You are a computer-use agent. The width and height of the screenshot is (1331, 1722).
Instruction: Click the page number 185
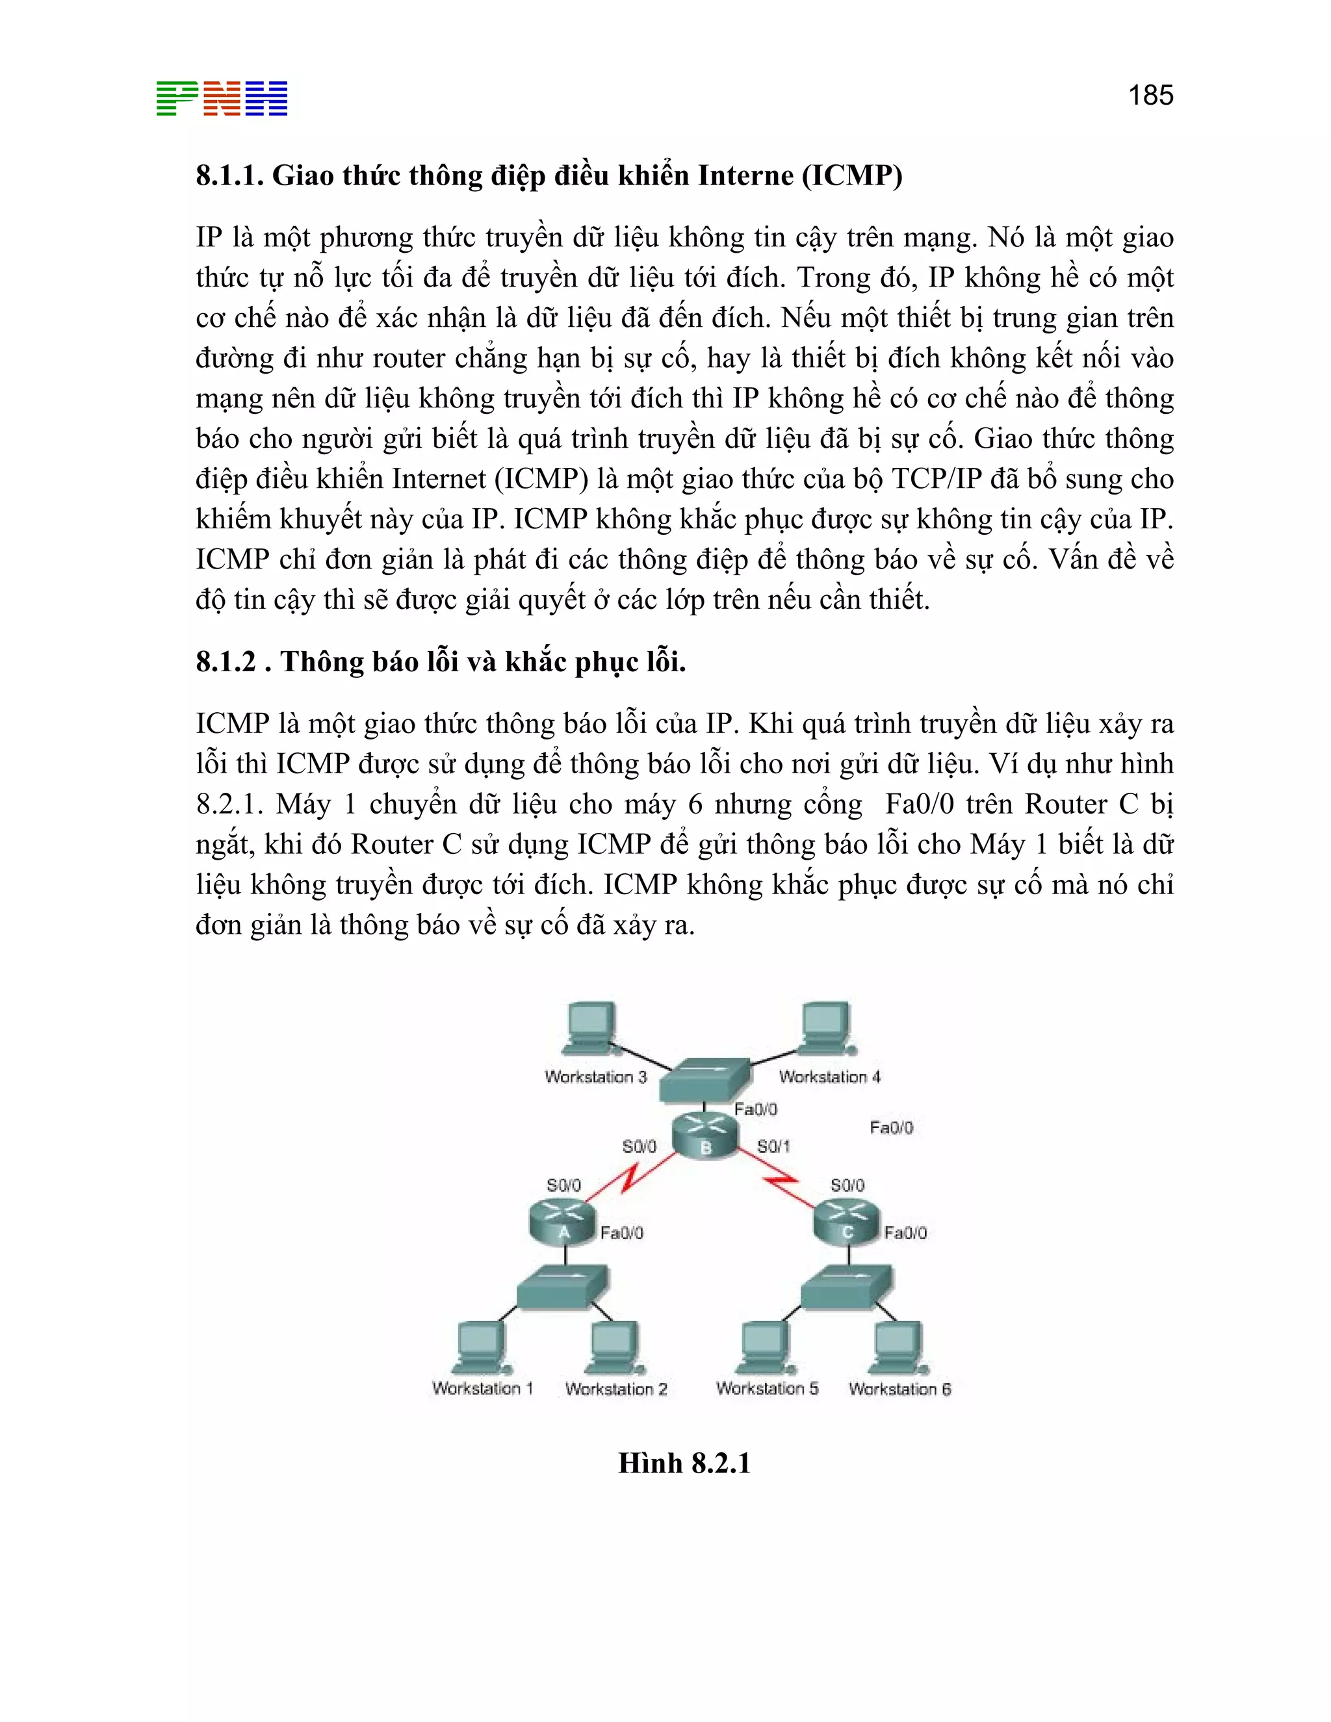pos(1150,96)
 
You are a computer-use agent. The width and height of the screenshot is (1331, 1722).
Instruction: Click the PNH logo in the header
pos(222,99)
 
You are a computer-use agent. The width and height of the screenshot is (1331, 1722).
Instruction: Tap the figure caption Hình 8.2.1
pos(684,1463)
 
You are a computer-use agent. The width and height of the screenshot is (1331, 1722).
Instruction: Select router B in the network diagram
pos(706,1135)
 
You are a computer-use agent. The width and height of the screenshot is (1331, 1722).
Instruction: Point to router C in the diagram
pos(847,1222)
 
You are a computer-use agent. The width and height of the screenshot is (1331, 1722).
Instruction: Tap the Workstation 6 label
pos(899,1389)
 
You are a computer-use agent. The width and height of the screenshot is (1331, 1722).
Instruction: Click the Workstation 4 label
pos(829,1077)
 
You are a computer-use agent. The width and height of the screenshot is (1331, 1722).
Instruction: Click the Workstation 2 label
pos(616,1389)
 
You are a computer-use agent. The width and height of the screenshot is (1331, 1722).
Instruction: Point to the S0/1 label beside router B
pos(773,1146)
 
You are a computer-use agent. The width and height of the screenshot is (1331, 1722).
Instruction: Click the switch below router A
pos(562,1287)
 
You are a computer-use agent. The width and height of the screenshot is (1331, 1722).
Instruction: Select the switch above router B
pos(704,1080)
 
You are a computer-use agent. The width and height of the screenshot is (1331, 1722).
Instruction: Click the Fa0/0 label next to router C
pos(905,1232)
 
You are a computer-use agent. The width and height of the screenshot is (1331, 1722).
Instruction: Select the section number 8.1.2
pos(226,662)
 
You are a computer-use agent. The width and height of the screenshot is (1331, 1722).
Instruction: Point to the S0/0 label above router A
pos(563,1185)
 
